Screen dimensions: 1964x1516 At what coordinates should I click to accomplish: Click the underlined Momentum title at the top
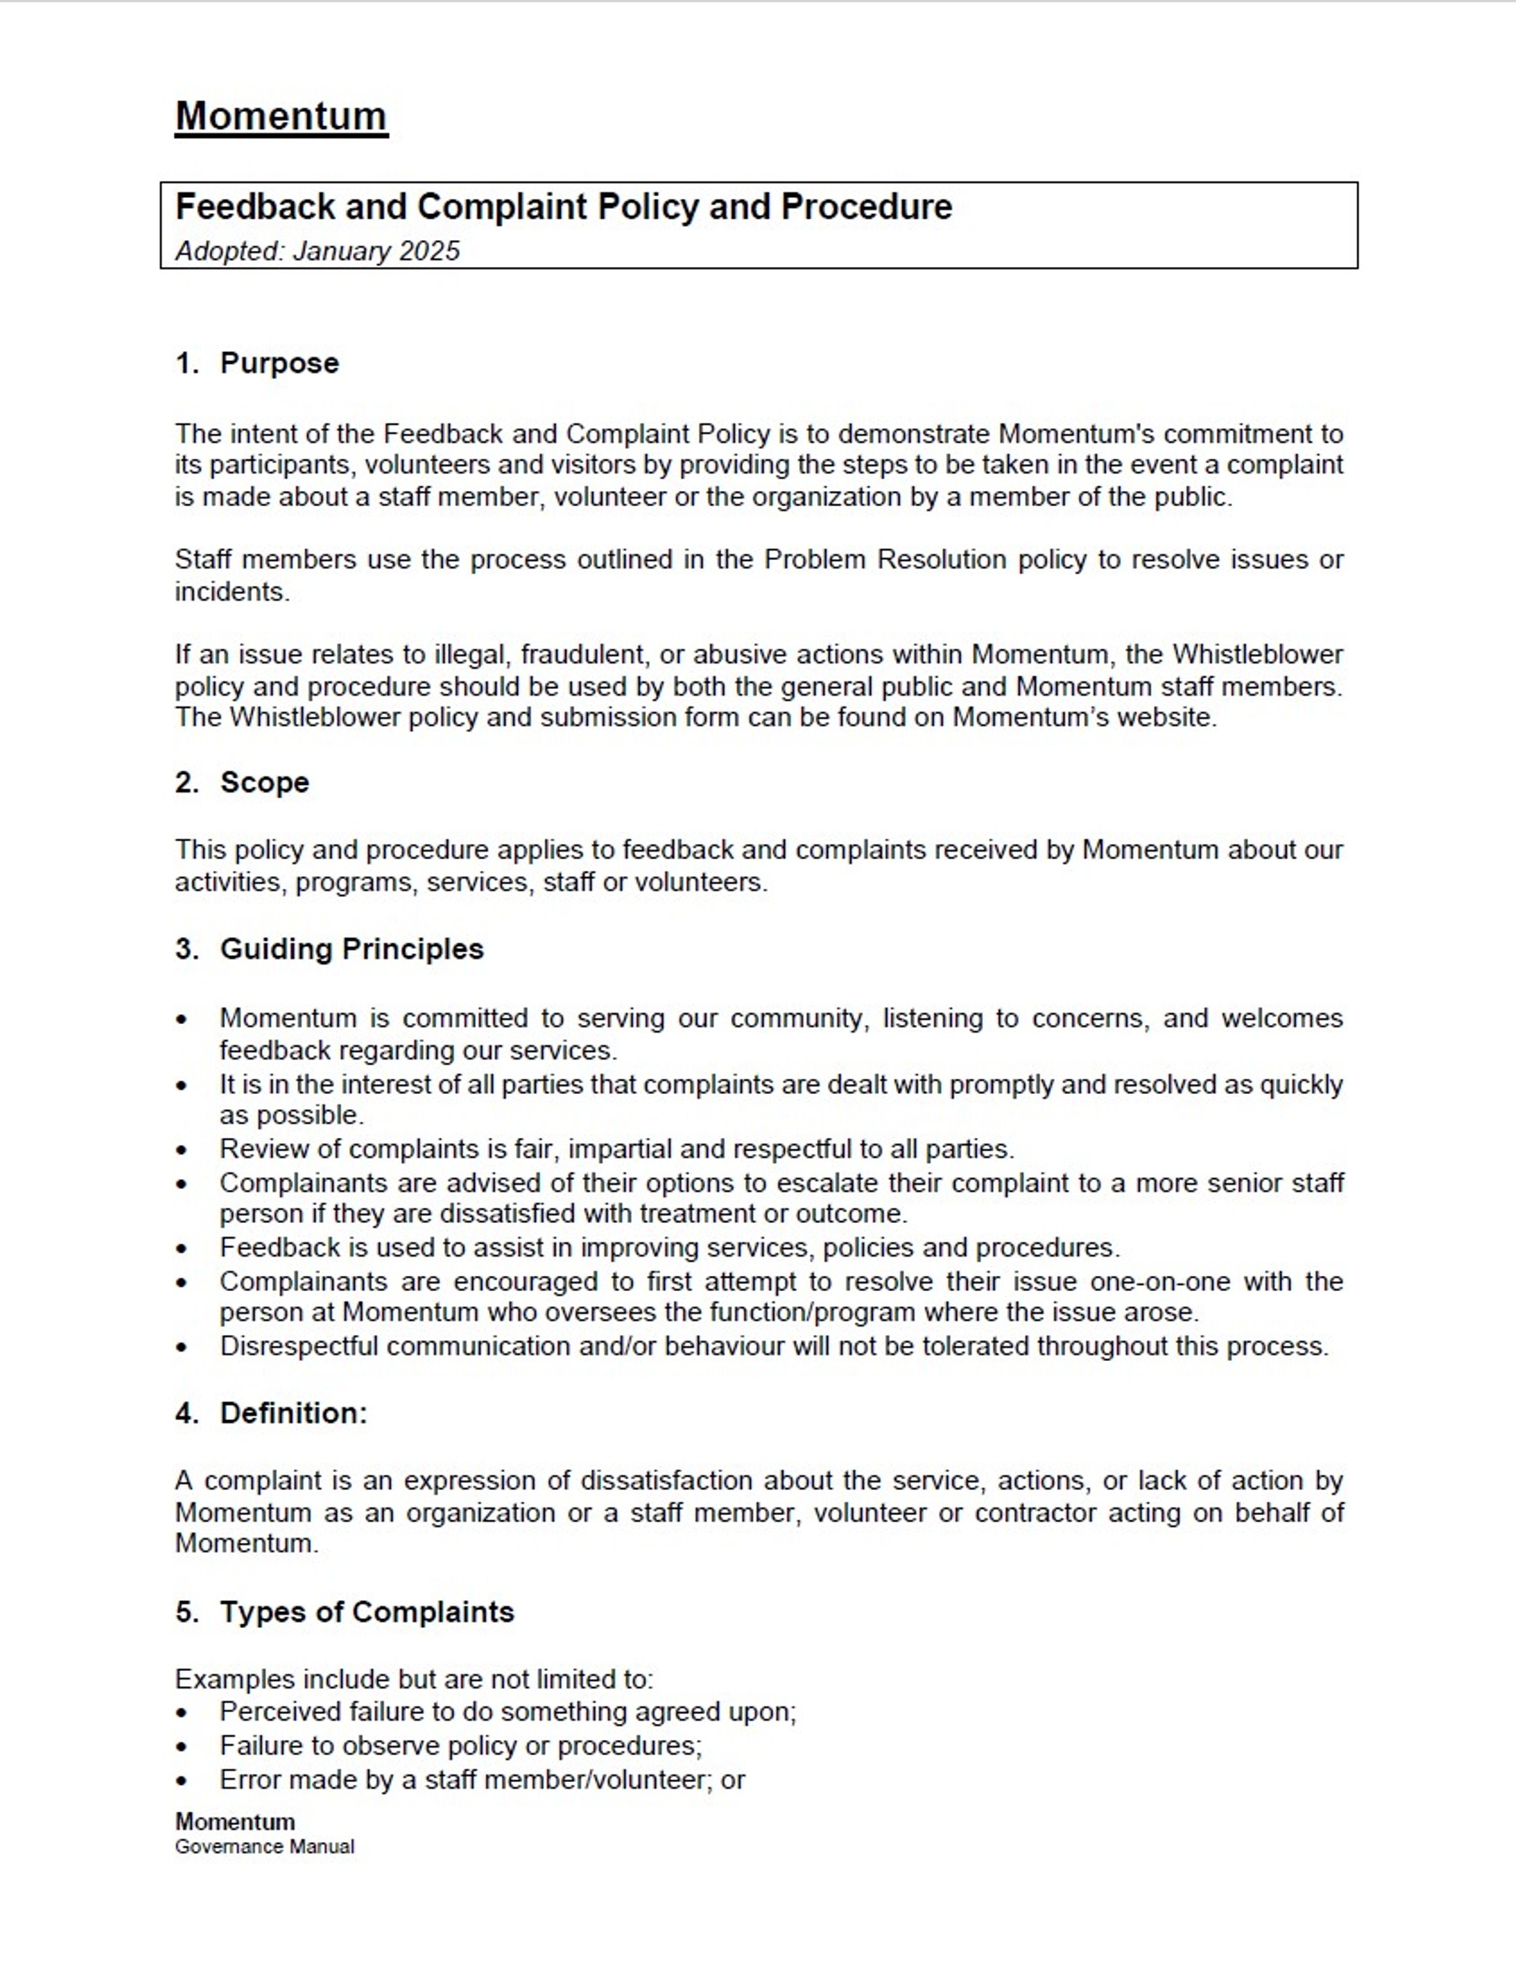pos(280,117)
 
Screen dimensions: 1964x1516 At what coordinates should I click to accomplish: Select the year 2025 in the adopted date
pos(429,251)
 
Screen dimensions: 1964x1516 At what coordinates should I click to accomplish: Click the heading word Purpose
pos(279,363)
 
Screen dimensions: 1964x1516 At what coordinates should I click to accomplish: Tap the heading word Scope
pos(264,782)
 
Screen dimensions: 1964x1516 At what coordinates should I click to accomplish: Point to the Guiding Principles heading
pos(351,948)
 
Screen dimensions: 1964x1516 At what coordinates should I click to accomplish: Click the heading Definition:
pos(293,1412)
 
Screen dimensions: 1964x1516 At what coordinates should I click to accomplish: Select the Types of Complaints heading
pos(367,1611)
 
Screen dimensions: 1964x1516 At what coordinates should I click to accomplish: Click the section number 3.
pos(185,948)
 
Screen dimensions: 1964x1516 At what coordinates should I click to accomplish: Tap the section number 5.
pos(185,1611)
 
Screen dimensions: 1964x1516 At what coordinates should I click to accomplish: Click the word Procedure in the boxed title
pos(866,207)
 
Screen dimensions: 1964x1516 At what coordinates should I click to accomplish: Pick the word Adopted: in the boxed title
pos(229,251)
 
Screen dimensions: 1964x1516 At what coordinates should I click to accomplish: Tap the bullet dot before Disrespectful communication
pos(183,1348)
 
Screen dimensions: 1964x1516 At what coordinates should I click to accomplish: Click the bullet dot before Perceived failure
pos(183,1712)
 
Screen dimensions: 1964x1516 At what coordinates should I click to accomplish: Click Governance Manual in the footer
pos(264,1846)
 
